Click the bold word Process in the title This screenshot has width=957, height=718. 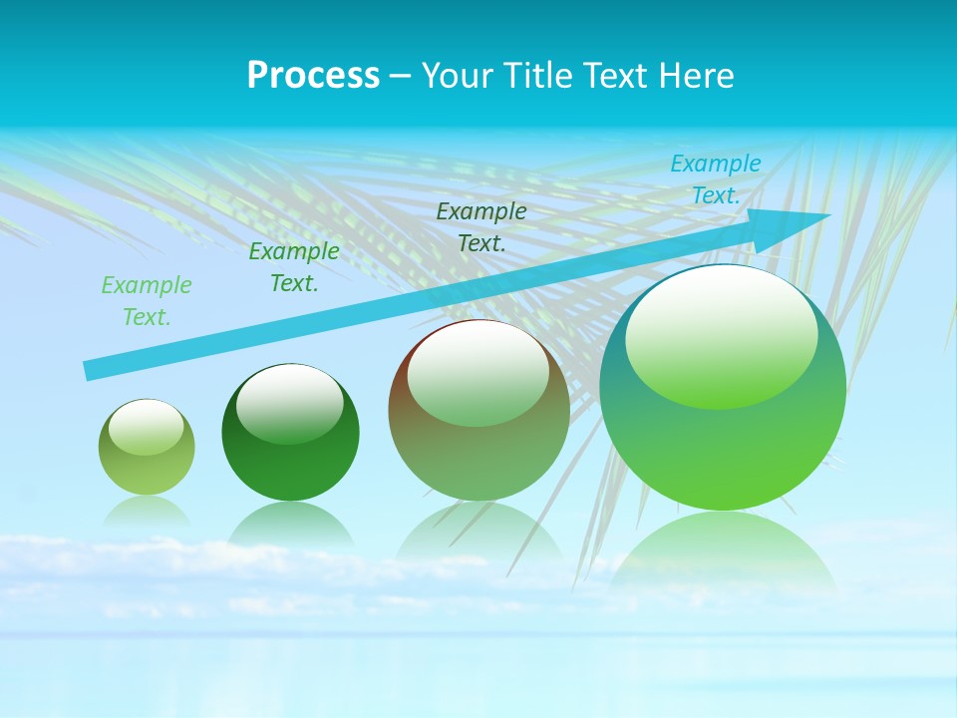(313, 76)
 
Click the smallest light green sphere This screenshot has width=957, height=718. (147, 447)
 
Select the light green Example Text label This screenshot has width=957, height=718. (147, 301)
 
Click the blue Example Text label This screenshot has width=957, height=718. (716, 179)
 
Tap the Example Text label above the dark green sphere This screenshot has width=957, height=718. (294, 267)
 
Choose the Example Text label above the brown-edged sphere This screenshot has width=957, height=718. (481, 226)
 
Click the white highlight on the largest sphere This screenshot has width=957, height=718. (721, 334)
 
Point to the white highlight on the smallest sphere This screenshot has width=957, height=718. (146, 427)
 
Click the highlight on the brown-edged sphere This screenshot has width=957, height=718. (478, 371)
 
